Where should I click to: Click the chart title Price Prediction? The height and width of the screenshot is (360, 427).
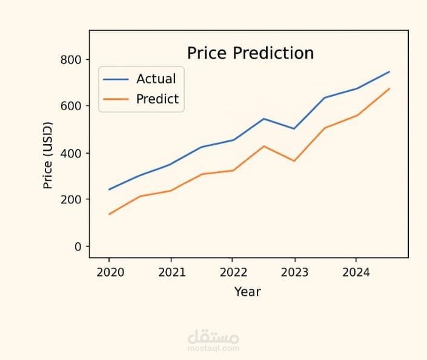pos(250,53)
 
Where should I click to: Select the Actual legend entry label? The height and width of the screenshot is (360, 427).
pos(156,79)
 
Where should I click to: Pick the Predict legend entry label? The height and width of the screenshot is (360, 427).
pos(157,99)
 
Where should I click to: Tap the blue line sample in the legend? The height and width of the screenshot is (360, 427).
pos(116,79)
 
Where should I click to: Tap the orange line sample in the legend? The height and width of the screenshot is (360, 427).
pos(116,99)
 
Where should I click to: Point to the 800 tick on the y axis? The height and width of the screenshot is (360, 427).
pos(71,59)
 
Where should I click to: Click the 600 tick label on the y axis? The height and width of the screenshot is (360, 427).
pos(71,106)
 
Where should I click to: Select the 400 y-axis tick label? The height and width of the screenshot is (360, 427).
pos(71,153)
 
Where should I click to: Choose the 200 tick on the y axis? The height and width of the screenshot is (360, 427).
pos(71,200)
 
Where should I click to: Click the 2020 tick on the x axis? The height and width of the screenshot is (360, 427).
pos(110,272)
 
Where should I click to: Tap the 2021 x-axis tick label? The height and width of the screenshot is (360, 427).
pos(171,272)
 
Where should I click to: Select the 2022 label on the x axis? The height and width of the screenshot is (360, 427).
pos(233,272)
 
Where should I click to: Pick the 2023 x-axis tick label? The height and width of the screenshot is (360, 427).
pos(294,272)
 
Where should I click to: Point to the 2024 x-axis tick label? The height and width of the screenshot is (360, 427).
pos(356,272)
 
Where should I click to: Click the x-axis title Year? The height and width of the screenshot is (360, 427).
pos(247,292)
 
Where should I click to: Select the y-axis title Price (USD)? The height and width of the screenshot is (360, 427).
pos(48,155)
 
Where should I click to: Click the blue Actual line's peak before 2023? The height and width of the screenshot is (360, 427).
pos(264,119)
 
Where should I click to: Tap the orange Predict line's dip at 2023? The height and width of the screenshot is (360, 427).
pos(294,161)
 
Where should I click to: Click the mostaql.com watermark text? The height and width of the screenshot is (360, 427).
pos(213,349)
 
